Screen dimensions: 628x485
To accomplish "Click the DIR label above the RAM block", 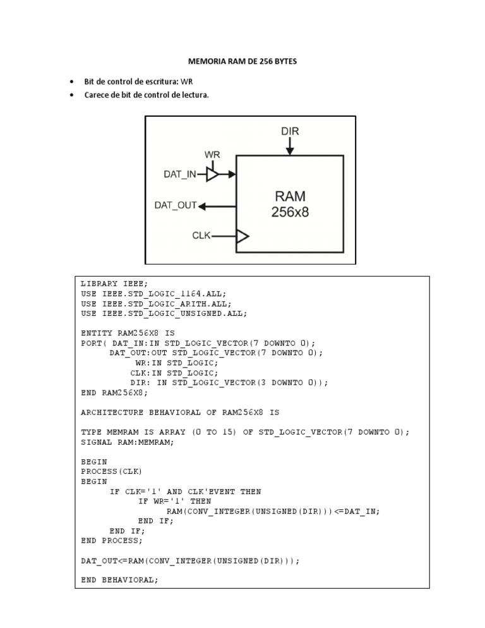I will click(x=290, y=132).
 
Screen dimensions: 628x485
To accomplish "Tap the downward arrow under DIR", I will click(x=290, y=147).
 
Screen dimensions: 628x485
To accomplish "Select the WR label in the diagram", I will click(x=212, y=154).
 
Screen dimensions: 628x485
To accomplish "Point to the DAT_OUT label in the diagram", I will click(x=176, y=205).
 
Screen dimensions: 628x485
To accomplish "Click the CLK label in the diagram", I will click(x=201, y=236).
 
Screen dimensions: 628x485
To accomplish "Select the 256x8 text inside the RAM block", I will click(x=290, y=213).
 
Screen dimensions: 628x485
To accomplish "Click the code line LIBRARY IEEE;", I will click(x=114, y=284).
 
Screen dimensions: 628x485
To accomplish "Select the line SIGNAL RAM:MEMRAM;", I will click(x=127, y=442).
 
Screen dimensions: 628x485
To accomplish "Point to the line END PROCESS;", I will click(x=112, y=540).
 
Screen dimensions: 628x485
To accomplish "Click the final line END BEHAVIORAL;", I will click(x=119, y=579).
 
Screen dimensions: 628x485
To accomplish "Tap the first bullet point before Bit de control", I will click(x=71, y=82).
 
